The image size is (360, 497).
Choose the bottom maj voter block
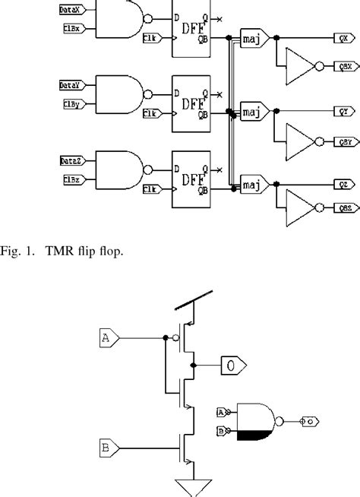251,184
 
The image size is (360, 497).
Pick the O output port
231,366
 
